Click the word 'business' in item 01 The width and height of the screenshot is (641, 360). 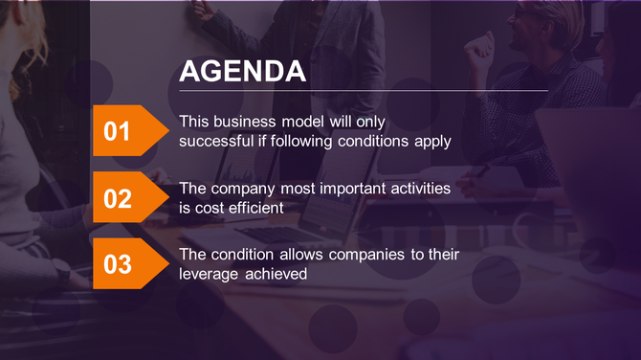click(244, 122)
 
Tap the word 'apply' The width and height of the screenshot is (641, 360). click(432, 142)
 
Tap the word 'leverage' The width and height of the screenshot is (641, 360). click(210, 275)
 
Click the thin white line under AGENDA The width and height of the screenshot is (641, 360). click(364, 91)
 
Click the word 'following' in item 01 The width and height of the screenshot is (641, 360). click(302, 141)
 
